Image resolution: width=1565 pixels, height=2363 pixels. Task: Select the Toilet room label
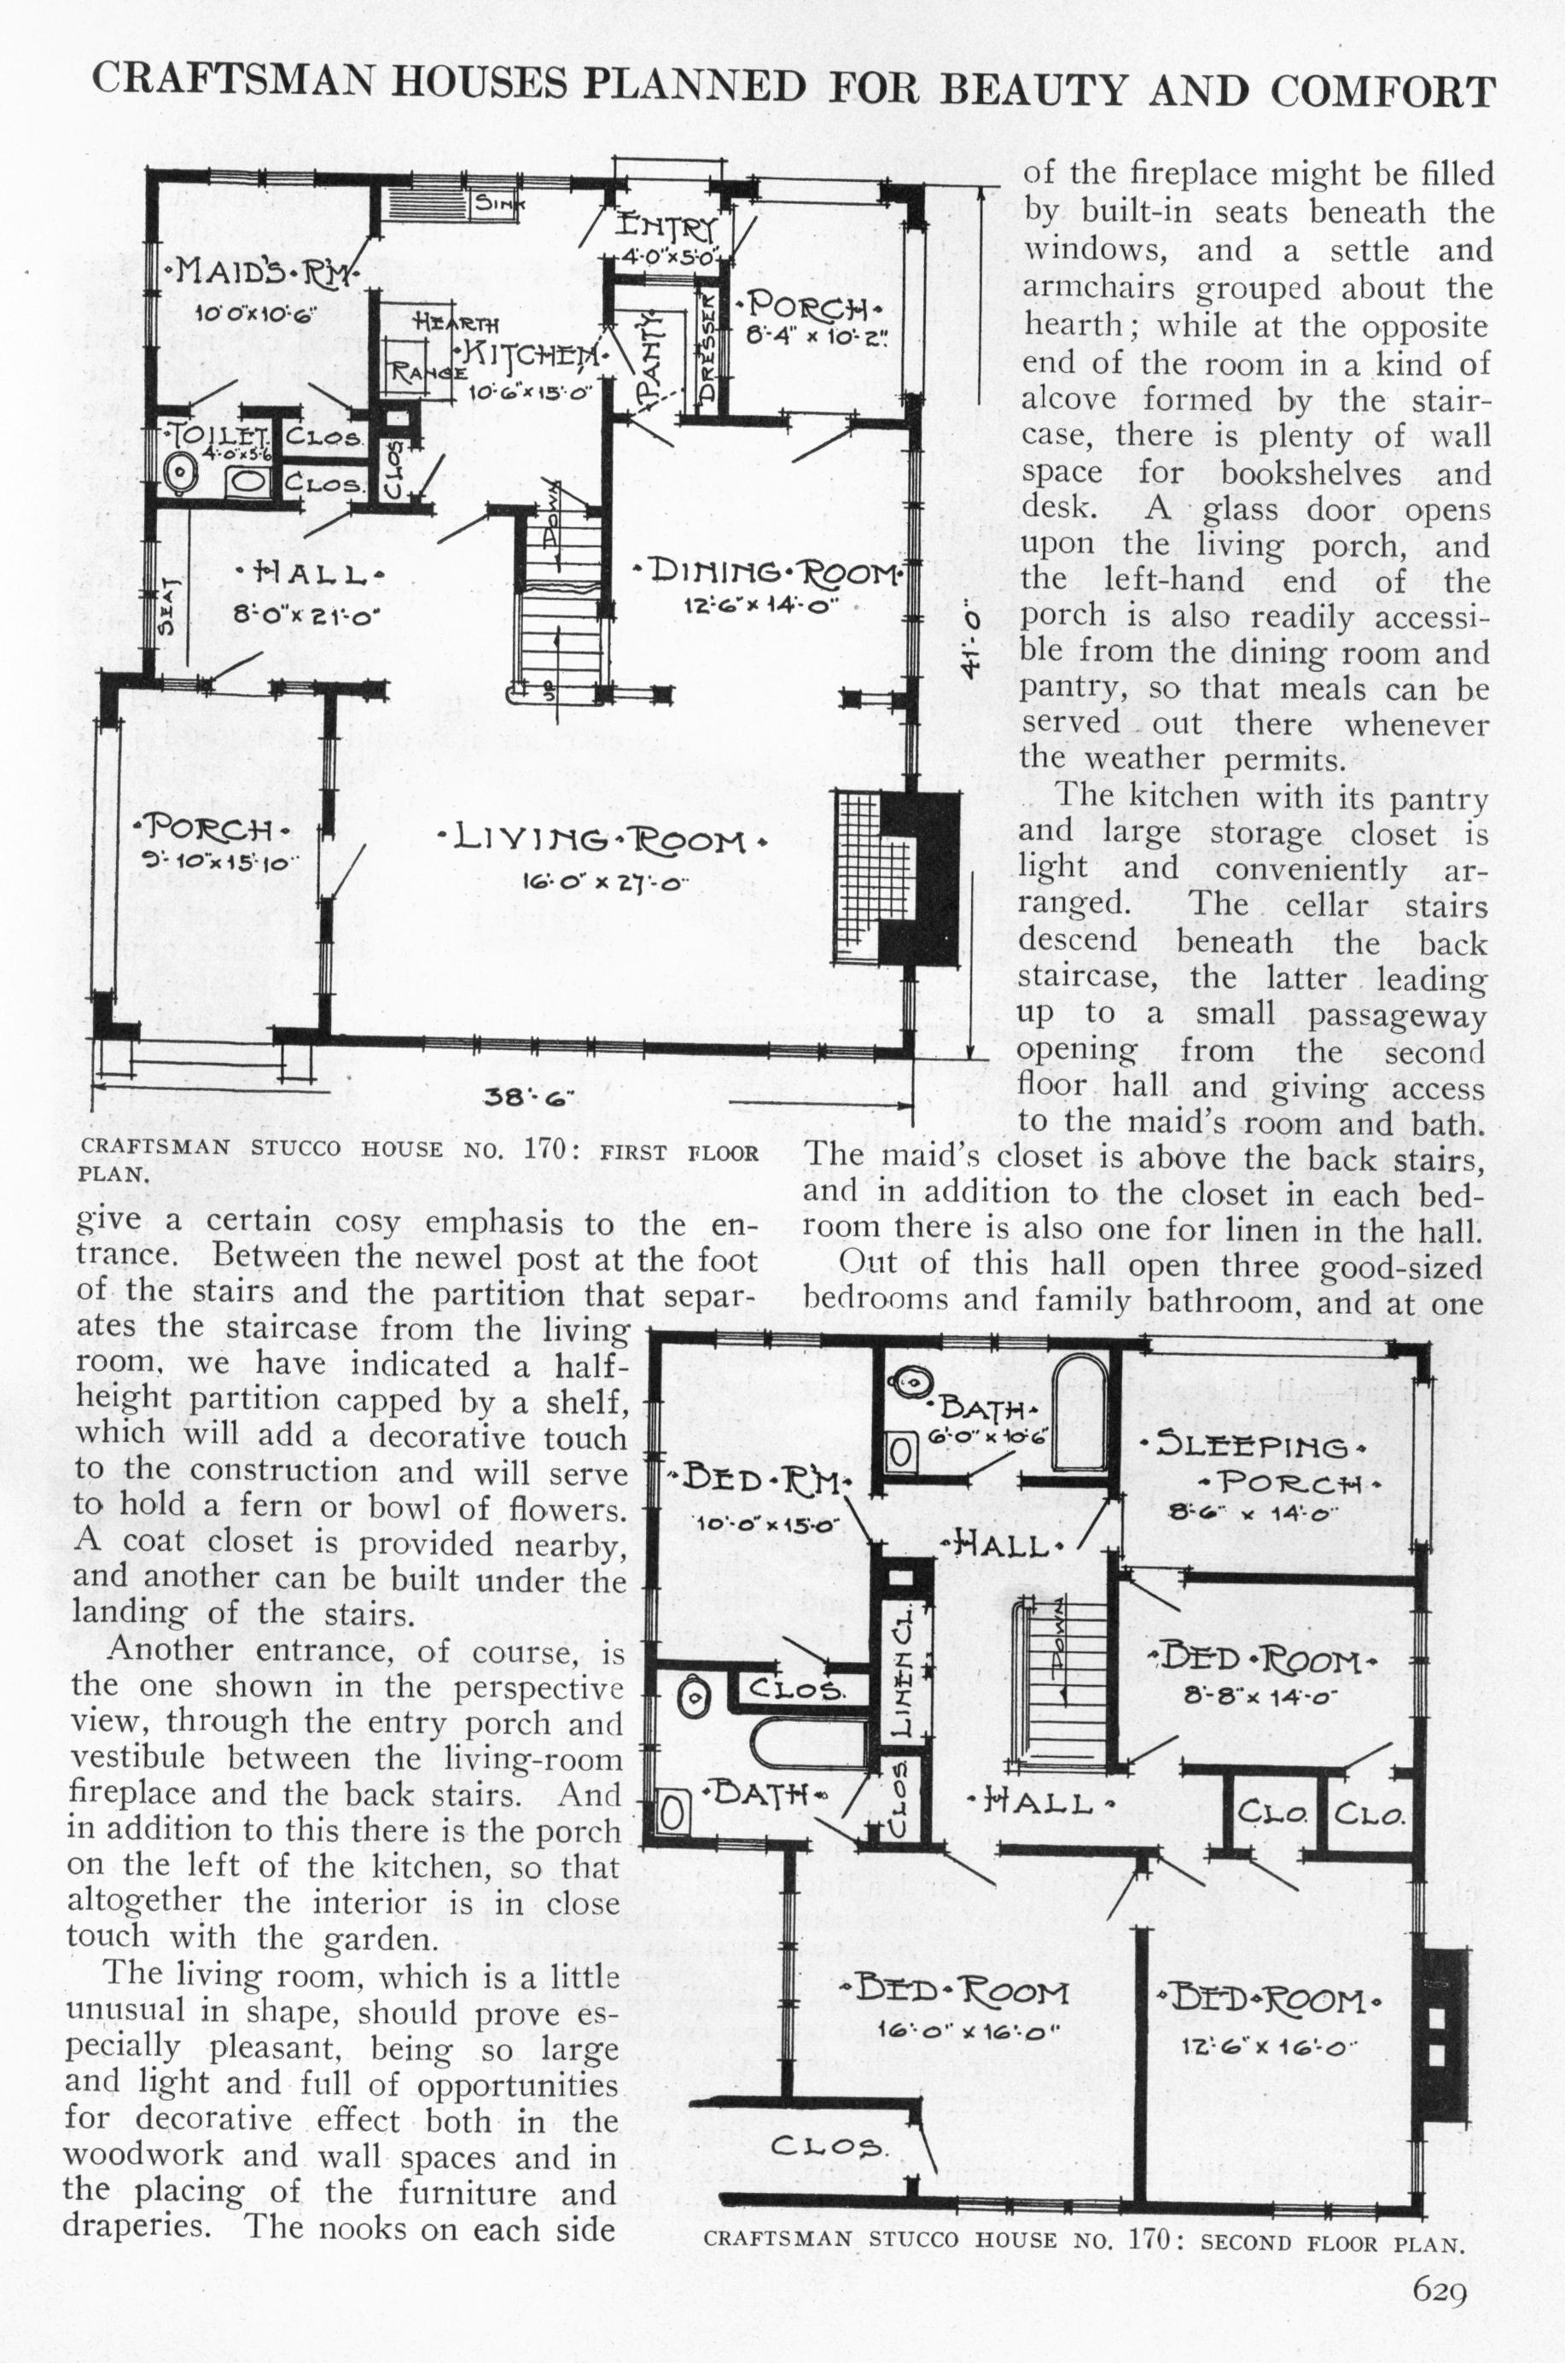tap(219, 436)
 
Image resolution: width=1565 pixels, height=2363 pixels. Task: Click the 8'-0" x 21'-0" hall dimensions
tap(301, 617)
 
